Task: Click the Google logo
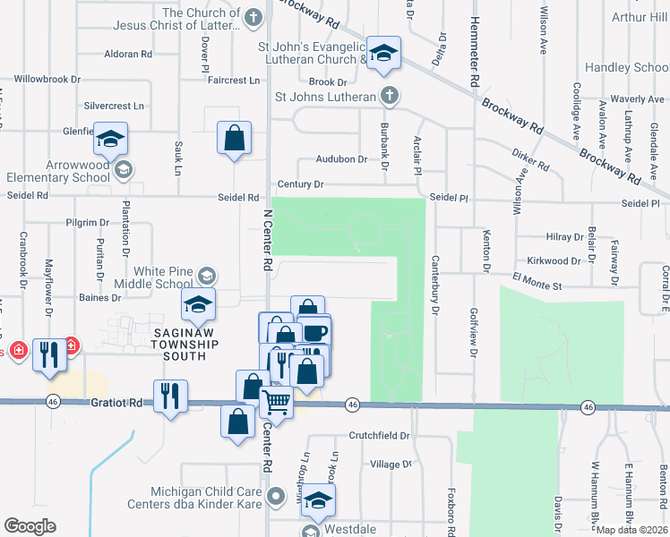click(x=30, y=526)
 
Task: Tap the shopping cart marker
click(x=277, y=404)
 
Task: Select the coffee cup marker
click(x=314, y=332)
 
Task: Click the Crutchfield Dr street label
click(x=379, y=436)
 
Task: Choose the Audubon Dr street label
click(x=341, y=159)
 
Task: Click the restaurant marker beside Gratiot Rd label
click(x=169, y=396)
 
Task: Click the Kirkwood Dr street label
click(x=554, y=261)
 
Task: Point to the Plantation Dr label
click(x=127, y=239)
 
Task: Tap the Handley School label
click(x=626, y=67)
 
